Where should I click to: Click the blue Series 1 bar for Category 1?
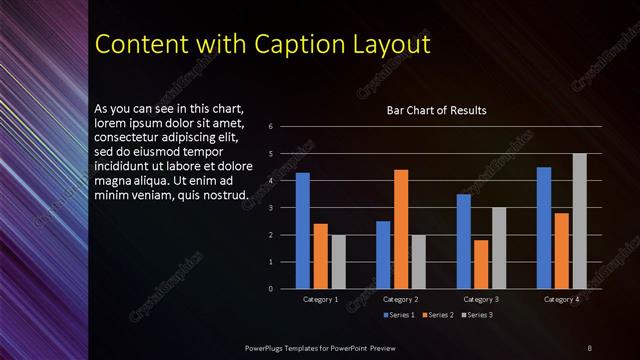tap(302, 231)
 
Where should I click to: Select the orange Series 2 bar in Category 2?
tap(401, 229)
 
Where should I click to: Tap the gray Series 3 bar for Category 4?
tap(579, 221)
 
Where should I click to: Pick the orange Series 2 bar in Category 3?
tap(481, 264)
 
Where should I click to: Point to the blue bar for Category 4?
tap(544, 228)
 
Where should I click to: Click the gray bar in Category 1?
tap(338, 262)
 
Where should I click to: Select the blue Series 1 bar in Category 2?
tap(383, 255)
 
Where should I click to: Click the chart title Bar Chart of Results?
tap(437, 110)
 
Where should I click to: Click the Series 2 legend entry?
tap(438, 315)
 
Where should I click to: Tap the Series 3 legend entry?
tap(476, 315)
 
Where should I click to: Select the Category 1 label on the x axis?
tap(321, 299)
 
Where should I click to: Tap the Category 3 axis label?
tap(481, 299)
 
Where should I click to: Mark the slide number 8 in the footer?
tap(590, 346)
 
